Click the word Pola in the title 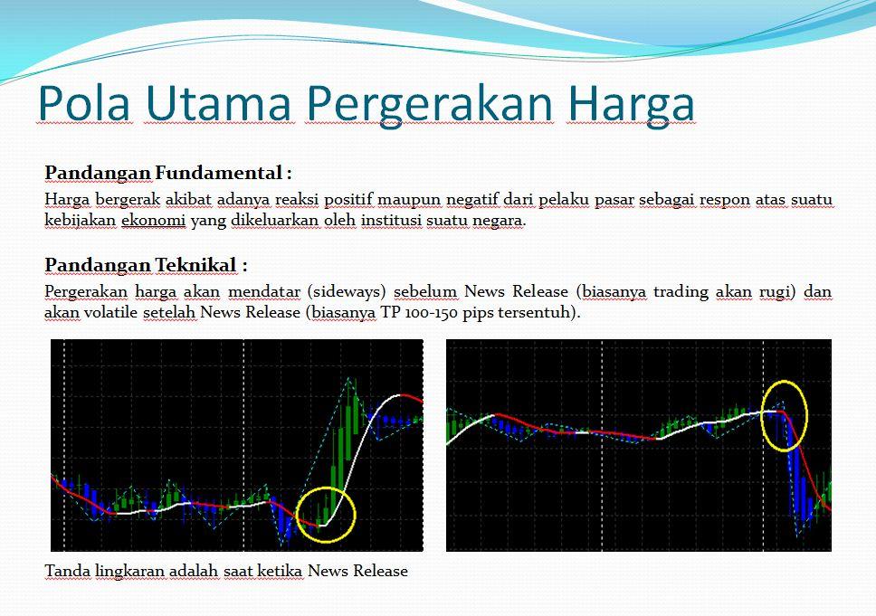click(x=84, y=103)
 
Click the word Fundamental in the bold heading click(x=218, y=173)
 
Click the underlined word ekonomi click(x=153, y=220)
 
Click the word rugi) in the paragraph click(x=777, y=292)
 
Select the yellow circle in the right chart click(x=785, y=382)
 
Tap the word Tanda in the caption click(x=67, y=571)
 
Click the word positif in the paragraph click(x=348, y=200)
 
